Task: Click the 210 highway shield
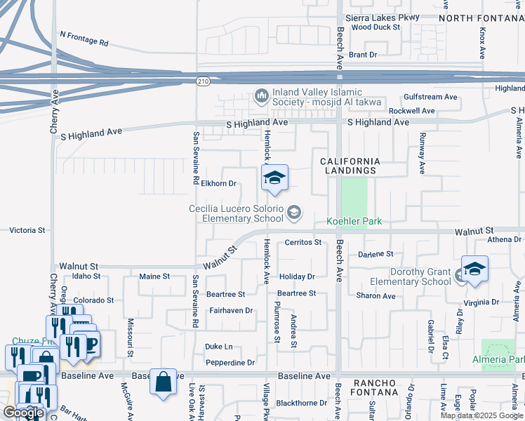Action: (202, 81)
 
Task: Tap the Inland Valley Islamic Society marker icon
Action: (261, 95)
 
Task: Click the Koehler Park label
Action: (354, 222)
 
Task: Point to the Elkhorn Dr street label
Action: (218, 184)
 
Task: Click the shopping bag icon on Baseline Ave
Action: (163, 382)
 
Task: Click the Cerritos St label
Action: (303, 243)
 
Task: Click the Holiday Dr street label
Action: (297, 276)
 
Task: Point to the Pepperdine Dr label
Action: (230, 363)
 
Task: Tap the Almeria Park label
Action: (506, 359)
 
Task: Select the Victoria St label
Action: (27, 230)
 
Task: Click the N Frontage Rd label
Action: (84, 38)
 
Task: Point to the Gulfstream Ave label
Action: (430, 97)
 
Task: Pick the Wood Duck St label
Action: (376, 27)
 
